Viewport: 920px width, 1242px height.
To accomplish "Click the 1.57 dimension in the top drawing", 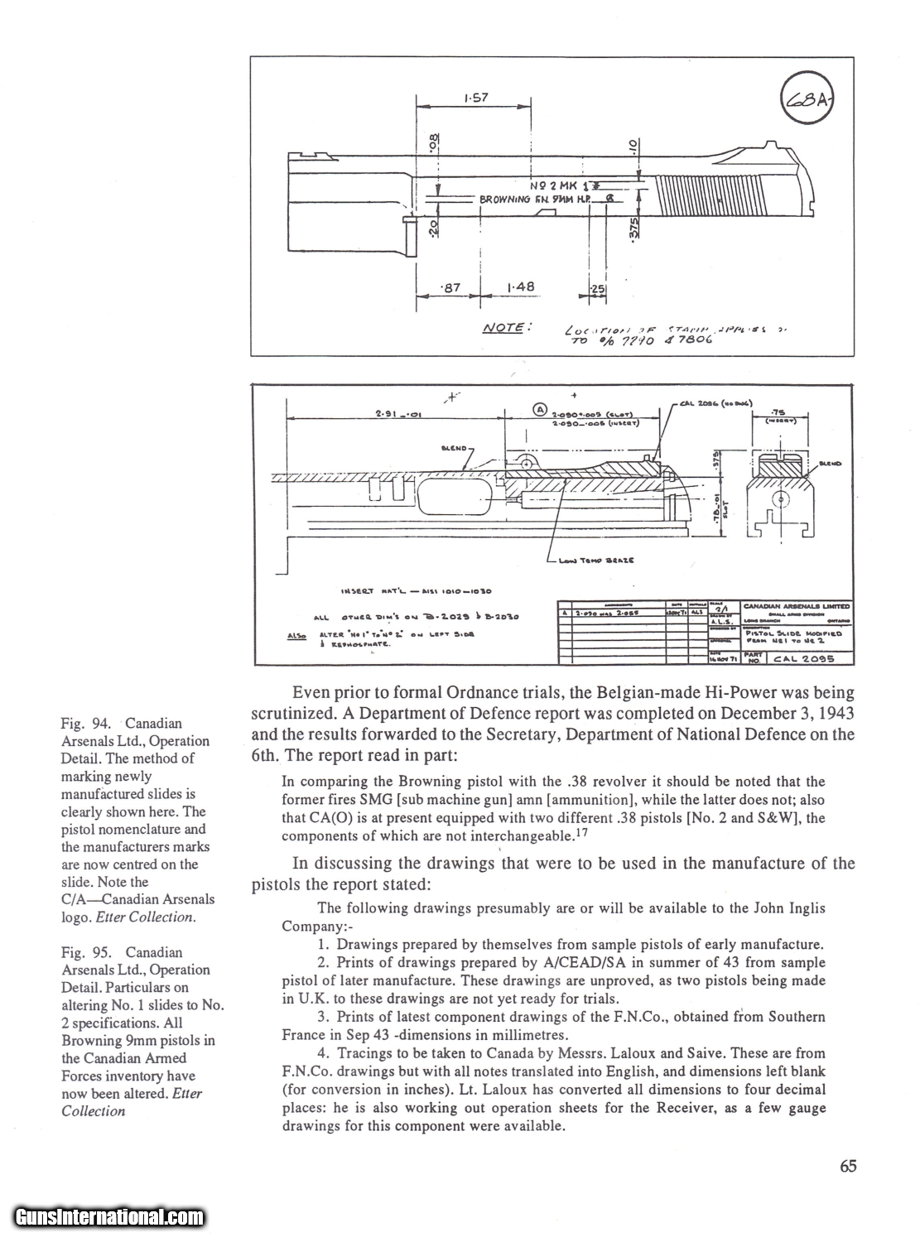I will [x=475, y=98].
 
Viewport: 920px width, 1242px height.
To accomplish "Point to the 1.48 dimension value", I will [x=520, y=287].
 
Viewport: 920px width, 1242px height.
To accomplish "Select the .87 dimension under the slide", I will [x=453, y=287].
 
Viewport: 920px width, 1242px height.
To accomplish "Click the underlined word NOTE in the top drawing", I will [x=503, y=327].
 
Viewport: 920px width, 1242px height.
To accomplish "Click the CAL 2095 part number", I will [x=802, y=659].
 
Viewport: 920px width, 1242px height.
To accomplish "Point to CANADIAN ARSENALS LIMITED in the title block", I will [x=796, y=606].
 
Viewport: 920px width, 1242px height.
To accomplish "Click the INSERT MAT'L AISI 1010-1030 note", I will [x=417, y=591].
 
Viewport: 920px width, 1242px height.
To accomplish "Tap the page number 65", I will [x=847, y=1167].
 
